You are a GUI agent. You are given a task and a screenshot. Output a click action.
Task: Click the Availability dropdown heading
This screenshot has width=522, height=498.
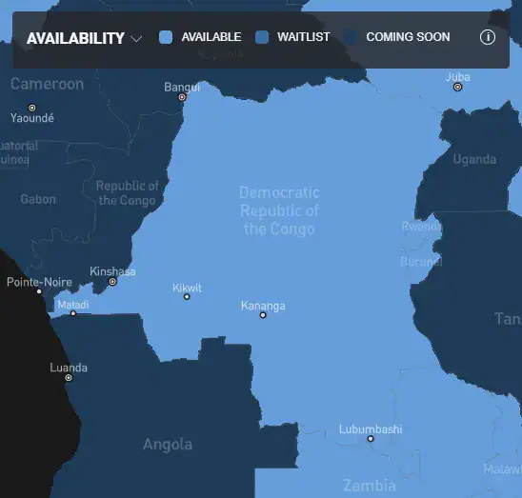[84, 38]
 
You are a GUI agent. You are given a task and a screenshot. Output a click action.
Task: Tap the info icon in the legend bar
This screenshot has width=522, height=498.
[488, 37]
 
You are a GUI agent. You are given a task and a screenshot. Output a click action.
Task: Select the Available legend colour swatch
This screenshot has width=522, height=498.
[166, 37]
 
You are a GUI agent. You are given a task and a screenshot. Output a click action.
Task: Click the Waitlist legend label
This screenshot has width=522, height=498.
[303, 37]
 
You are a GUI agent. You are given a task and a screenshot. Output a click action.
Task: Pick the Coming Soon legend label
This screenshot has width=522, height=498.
[409, 37]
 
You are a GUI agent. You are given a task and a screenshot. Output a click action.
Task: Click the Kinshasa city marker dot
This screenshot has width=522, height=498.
[112, 282]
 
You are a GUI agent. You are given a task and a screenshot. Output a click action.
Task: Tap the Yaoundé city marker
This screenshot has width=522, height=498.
[31, 108]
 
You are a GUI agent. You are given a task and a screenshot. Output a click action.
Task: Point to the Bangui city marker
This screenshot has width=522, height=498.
[182, 97]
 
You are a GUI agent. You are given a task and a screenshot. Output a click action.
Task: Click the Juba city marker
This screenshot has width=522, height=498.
[457, 87]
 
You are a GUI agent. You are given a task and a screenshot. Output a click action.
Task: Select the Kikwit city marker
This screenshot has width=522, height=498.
[187, 297]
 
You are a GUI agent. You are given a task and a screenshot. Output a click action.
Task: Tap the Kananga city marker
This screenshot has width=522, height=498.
[263, 315]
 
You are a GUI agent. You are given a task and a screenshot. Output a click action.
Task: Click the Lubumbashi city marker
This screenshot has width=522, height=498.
[371, 439]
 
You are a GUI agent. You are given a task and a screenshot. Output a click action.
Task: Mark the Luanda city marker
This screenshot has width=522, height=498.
[69, 378]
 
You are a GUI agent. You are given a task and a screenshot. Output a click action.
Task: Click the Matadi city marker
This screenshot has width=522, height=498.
[73, 313]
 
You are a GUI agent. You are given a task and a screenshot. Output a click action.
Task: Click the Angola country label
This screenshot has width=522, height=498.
[168, 445]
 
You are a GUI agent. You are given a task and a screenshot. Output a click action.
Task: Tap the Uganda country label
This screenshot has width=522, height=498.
[473, 159]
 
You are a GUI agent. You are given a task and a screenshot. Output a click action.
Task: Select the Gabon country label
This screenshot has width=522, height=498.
[38, 199]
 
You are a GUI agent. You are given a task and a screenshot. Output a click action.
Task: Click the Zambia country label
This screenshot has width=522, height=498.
[370, 484]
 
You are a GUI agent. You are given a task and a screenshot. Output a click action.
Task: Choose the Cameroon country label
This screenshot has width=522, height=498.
[47, 84]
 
